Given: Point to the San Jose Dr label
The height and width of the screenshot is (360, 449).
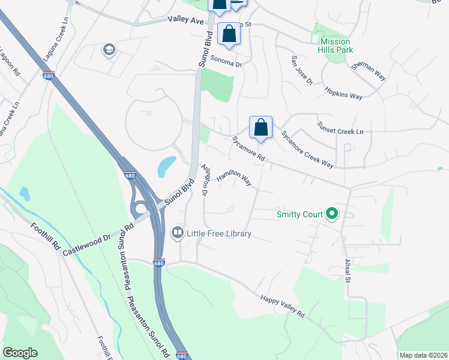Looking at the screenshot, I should [302, 70].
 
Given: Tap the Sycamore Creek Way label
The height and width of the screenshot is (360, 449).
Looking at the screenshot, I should [307, 149].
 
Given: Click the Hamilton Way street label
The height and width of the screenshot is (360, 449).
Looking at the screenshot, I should [234, 178].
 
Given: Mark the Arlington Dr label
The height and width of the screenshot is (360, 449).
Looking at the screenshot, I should [203, 180].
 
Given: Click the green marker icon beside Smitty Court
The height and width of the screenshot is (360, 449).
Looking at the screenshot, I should [332, 214].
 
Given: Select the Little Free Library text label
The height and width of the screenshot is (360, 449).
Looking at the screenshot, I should [219, 233].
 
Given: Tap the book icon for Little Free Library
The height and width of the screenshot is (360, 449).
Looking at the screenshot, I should [178, 232].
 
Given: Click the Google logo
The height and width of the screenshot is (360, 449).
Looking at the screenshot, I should [20, 352].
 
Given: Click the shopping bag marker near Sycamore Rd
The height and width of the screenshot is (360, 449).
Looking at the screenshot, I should [261, 127].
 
